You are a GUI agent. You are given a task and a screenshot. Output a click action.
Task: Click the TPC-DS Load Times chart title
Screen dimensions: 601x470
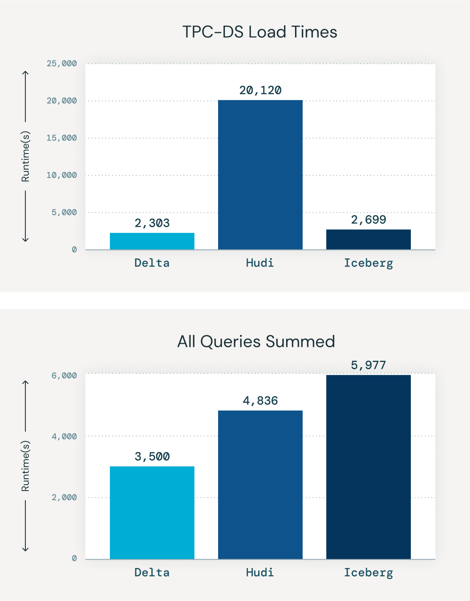[x=260, y=32]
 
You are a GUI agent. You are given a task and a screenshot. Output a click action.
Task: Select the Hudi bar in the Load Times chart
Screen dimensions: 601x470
[x=260, y=175]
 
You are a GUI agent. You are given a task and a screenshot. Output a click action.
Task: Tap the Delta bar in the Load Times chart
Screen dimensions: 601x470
[x=152, y=241]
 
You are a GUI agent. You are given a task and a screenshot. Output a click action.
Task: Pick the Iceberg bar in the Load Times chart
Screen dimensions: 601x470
[x=368, y=239]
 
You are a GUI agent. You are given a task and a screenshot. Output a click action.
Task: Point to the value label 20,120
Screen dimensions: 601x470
[x=260, y=90]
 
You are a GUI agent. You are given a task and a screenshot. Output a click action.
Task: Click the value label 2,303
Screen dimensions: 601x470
[x=152, y=223]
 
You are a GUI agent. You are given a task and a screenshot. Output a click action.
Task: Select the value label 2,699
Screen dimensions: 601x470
[x=369, y=220]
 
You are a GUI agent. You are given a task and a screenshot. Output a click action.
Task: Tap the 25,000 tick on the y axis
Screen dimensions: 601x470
[x=62, y=63]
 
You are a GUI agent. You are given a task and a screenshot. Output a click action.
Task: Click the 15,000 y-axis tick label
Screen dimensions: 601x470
[x=62, y=138]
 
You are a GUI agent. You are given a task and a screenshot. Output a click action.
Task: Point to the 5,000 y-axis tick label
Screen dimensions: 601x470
[x=64, y=212]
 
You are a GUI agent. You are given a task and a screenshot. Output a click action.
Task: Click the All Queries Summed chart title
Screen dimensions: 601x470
[x=256, y=342]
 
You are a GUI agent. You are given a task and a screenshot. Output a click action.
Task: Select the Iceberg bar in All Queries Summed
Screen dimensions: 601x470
[x=368, y=467]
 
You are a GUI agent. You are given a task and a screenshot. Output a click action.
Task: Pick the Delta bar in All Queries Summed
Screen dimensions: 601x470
[x=152, y=513]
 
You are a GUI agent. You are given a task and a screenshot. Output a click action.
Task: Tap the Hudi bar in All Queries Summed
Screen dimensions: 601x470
[x=260, y=485]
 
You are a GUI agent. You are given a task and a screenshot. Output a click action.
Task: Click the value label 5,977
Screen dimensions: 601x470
[x=369, y=365]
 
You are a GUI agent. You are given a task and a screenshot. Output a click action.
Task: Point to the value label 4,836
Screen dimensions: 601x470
[x=260, y=401]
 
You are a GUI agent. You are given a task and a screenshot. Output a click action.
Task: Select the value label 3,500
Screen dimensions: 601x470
[x=152, y=456]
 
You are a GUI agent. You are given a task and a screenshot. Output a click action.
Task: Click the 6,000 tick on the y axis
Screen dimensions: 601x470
[x=64, y=376]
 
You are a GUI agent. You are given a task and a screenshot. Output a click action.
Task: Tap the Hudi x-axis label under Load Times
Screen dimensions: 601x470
[x=260, y=263]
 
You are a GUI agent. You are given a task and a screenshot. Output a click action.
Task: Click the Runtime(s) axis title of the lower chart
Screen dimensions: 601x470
[x=26, y=466]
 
